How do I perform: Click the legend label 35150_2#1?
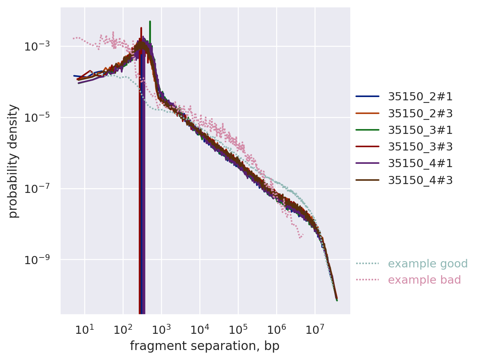420,97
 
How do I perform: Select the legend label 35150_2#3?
420,113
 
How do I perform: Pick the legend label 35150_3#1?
420,130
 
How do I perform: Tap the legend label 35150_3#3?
420,146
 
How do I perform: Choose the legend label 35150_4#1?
420,163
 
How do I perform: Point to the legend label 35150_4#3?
420,180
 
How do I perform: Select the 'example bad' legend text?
424,280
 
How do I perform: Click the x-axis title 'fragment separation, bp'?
204,346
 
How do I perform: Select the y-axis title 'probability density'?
13,161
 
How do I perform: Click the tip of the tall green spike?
150,21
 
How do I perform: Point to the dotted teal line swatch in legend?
367,263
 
